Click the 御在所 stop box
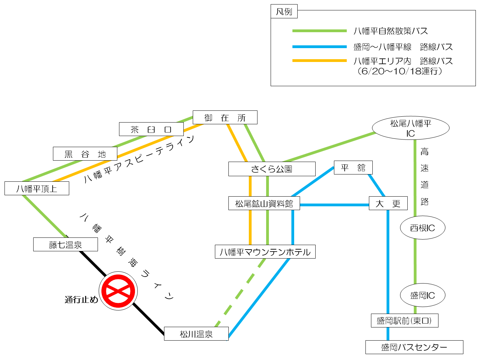(225, 117)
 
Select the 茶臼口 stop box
(151, 129)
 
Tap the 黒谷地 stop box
(85, 154)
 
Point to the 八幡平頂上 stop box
(37, 188)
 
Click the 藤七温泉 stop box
(65, 244)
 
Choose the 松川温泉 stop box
(196, 334)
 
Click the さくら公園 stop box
(272, 169)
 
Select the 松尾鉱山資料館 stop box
(264, 204)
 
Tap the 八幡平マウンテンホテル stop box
(265, 252)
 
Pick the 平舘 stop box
(353, 168)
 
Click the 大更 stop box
(388, 203)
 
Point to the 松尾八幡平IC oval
(410, 128)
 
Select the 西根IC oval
(422, 228)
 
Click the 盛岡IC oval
(422, 295)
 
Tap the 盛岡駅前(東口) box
(405, 321)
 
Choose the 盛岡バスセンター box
(414, 347)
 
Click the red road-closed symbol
(118, 291)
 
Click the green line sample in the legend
(319, 31)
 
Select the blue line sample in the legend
(319, 47)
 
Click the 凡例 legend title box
(284, 12)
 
